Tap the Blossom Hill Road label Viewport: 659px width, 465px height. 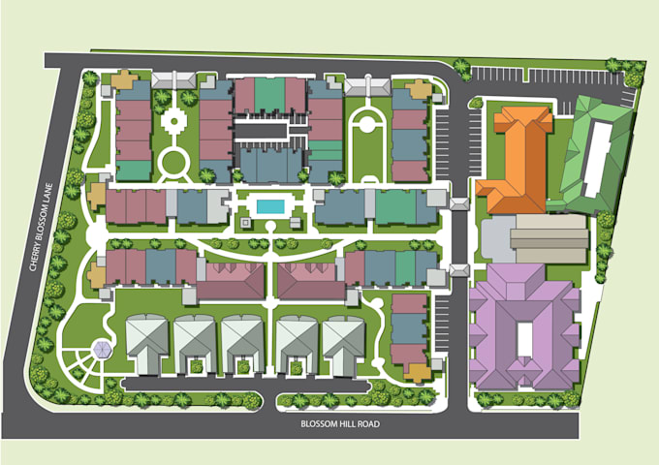(339, 423)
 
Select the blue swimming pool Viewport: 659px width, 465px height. (270, 206)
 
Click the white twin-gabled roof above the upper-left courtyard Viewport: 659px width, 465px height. (172, 79)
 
